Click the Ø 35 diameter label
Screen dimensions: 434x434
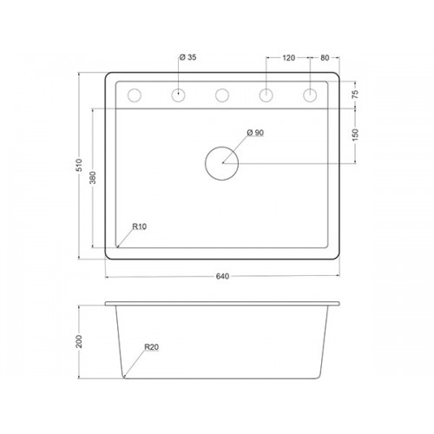[x=187, y=57]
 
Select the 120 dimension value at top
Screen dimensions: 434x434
[x=288, y=58]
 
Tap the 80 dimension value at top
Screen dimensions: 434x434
[x=325, y=58]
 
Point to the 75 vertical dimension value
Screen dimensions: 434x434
[x=355, y=95]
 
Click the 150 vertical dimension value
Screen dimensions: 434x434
[x=355, y=135]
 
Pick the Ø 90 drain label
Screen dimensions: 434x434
[x=255, y=133]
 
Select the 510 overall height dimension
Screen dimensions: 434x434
[x=79, y=165]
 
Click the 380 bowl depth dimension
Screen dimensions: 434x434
[x=92, y=178]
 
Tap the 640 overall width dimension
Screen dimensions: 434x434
[x=222, y=276]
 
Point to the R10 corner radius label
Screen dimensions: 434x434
[x=140, y=227]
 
